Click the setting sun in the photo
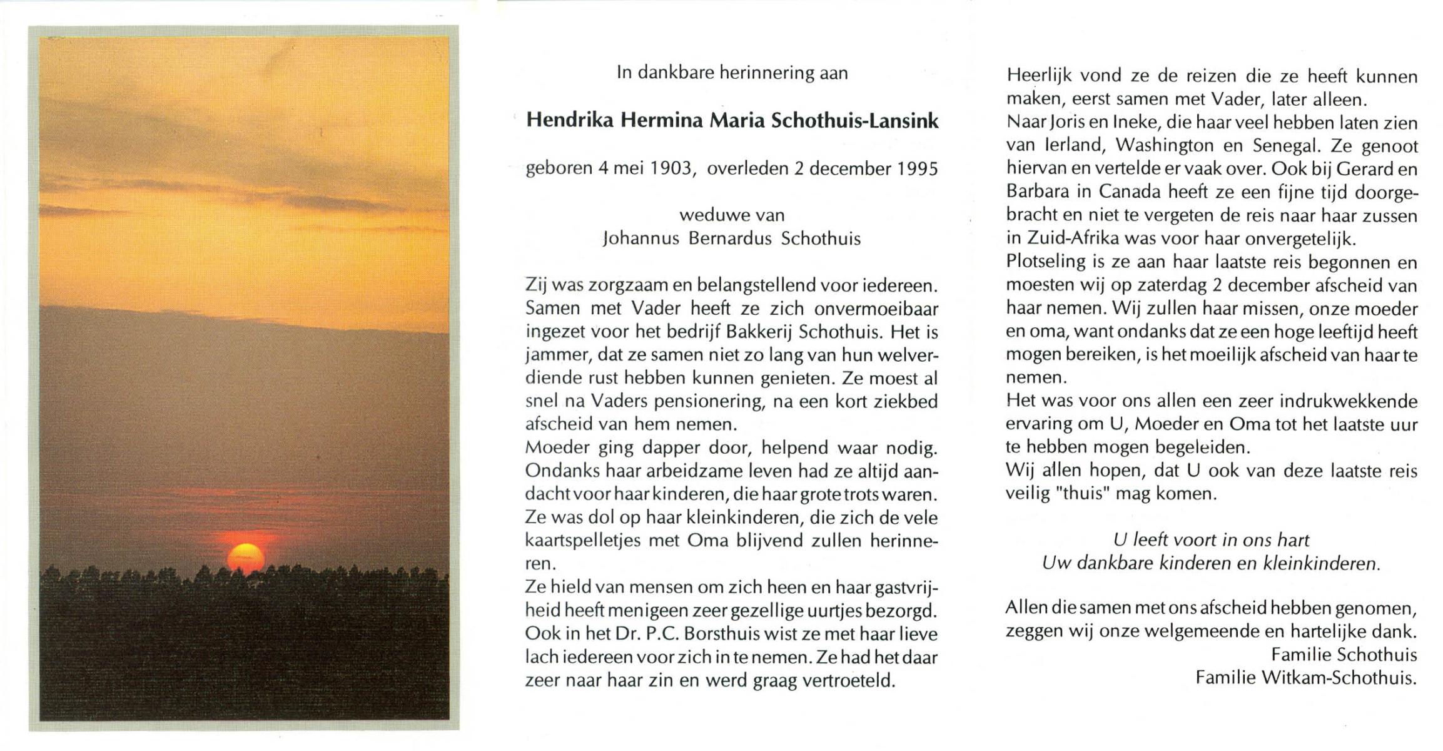click(245, 558)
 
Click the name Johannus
click(640, 239)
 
